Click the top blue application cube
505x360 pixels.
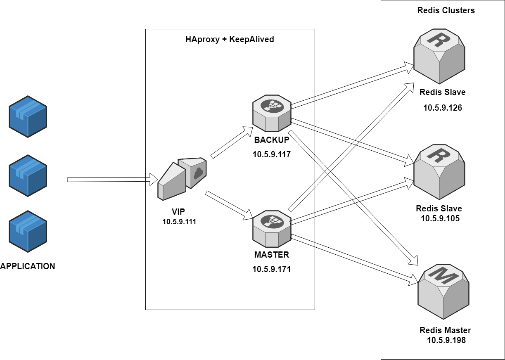[28, 116]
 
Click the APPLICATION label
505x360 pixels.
[28, 266]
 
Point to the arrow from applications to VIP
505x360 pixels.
[111, 180]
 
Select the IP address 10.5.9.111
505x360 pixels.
[179, 222]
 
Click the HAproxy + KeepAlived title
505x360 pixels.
[230, 40]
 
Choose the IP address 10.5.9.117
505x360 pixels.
[272, 155]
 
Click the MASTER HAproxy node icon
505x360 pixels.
[271, 228]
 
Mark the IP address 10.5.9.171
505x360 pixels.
[272, 269]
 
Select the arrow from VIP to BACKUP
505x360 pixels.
[232, 143]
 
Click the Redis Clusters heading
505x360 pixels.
[446, 11]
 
